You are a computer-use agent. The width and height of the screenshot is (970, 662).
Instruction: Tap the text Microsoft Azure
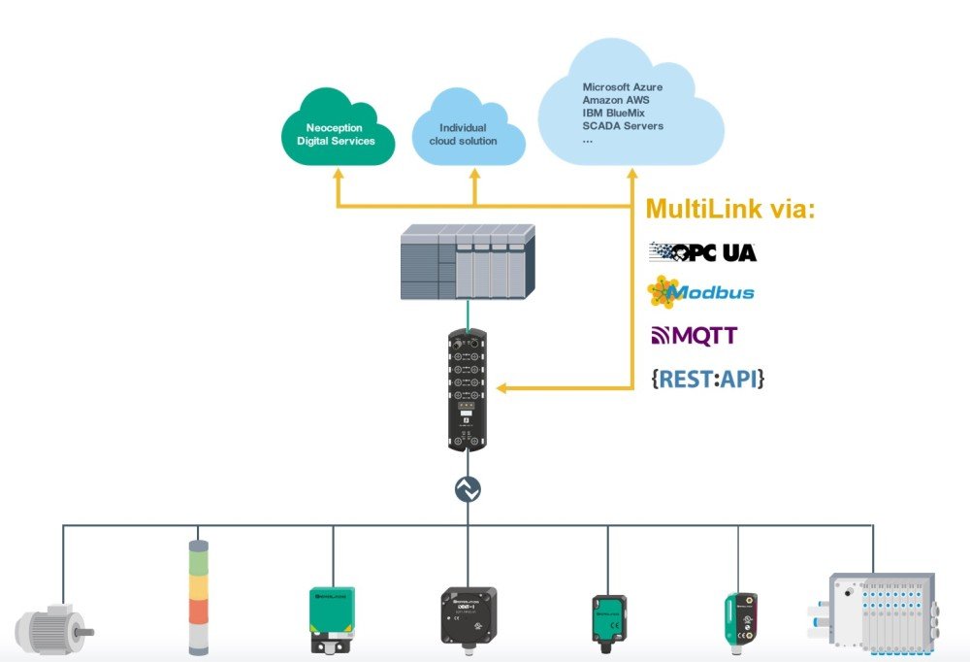622,87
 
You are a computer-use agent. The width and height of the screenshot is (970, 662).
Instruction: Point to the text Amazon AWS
616,100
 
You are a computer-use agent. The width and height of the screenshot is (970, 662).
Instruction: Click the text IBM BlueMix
616,114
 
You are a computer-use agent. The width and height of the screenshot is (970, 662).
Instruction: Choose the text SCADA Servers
623,126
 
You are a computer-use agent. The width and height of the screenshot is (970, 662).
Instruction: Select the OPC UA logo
702,252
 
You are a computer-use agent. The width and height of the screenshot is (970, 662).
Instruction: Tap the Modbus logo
700,291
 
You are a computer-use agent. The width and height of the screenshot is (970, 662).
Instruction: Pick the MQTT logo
694,336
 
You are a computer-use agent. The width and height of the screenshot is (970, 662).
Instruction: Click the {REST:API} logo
707,380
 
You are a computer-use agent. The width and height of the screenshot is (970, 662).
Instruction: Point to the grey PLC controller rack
468,261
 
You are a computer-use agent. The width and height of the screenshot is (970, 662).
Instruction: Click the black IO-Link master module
467,393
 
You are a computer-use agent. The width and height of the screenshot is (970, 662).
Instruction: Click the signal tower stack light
197,596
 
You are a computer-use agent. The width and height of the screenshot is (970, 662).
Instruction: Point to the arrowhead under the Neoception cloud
337,175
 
